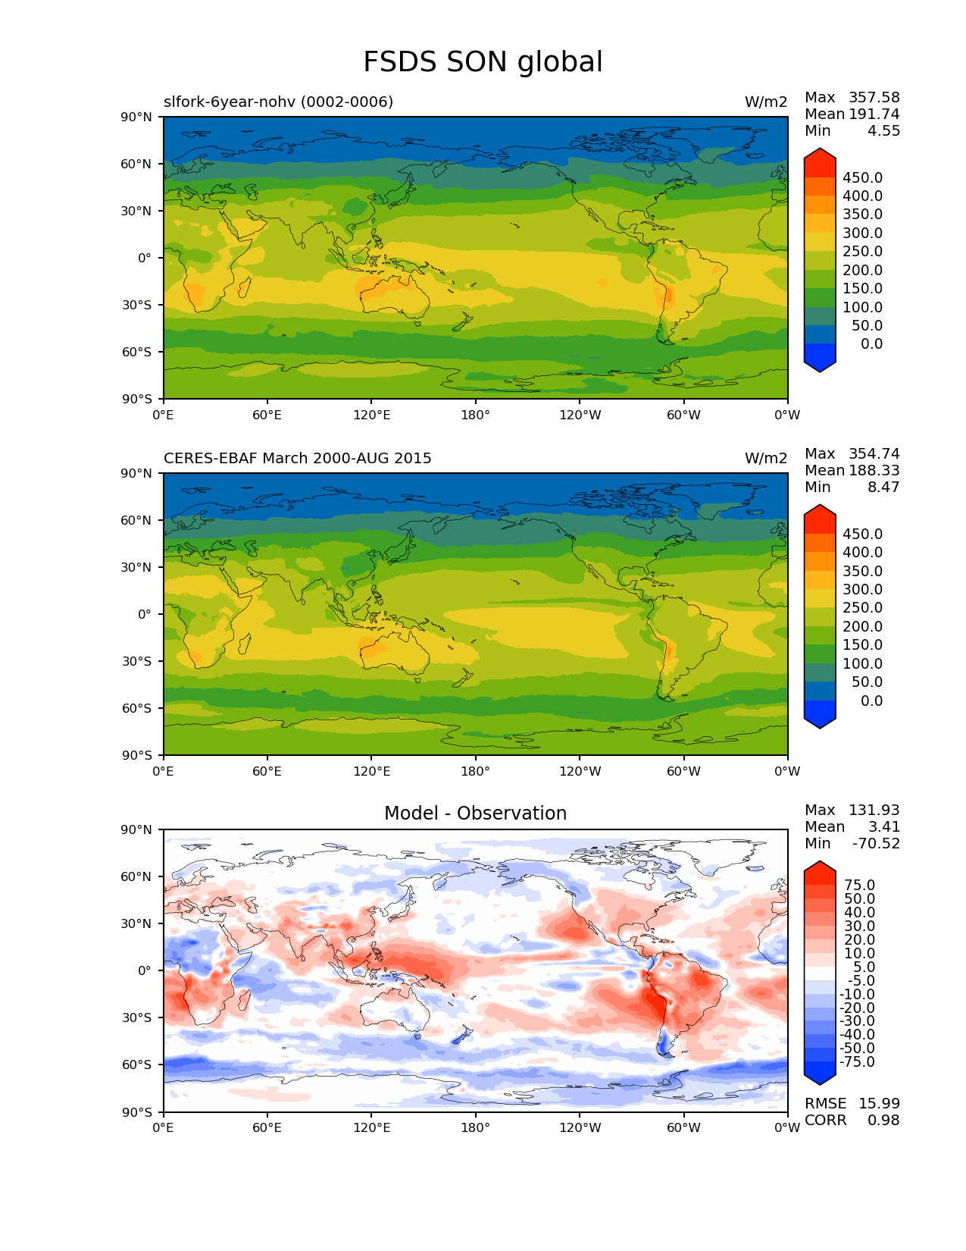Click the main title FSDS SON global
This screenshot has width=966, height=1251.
tap(483, 62)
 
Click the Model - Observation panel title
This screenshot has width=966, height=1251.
tap(475, 814)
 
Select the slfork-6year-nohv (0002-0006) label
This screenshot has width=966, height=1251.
tap(278, 102)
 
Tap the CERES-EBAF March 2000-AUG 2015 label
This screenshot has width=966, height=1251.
tap(298, 458)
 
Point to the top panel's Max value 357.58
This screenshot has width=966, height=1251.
tap(874, 97)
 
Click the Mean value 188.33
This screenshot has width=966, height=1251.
tap(874, 470)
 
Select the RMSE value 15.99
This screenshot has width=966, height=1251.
tap(879, 1103)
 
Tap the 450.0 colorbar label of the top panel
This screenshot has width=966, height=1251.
tap(862, 177)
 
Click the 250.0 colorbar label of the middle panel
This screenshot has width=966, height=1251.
tap(862, 608)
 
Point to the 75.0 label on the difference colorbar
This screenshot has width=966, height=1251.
tap(860, 885)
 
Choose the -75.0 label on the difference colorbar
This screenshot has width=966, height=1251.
tap(858, 1061)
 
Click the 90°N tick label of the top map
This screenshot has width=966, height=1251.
tap(137, 117)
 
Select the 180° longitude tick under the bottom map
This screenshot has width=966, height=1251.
tap(475, 1127)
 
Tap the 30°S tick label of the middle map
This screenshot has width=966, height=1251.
tap(137, 661)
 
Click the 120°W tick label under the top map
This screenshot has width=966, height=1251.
tap(580, 415)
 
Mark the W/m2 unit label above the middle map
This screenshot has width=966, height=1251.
tap(766, 458)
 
